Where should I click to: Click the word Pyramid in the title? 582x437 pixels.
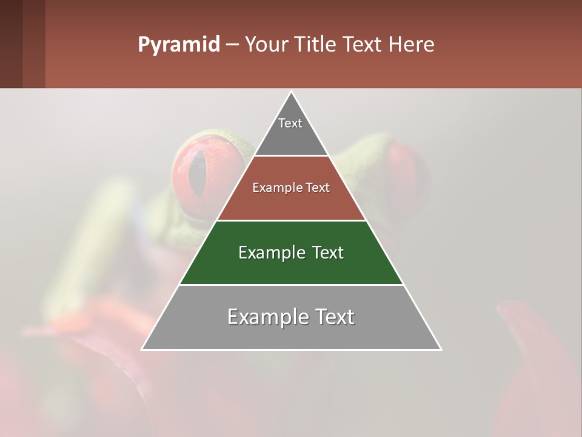[179, 45]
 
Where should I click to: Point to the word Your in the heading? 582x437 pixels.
[266, 45]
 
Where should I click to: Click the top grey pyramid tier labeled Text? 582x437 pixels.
[290, 130]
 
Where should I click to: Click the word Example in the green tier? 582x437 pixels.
[267, 252]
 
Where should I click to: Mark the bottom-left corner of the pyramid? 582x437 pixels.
[142, 349]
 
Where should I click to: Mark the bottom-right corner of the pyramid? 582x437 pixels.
[441, 349]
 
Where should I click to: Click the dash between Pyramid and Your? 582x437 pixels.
[232, 45]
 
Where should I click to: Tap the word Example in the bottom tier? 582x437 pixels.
[264, 317]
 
